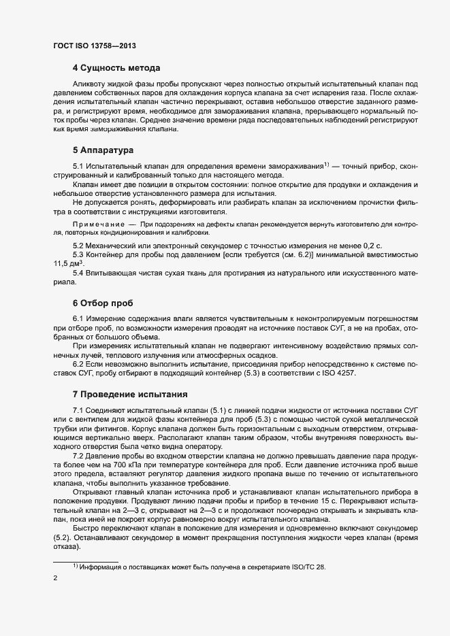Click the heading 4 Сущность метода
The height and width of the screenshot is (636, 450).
[x=116, y=68]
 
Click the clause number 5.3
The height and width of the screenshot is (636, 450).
[x=79, y=254]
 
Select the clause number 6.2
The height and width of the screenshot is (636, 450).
[x=79, y=364]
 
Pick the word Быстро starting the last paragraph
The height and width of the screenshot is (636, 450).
[x=86, y=529]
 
